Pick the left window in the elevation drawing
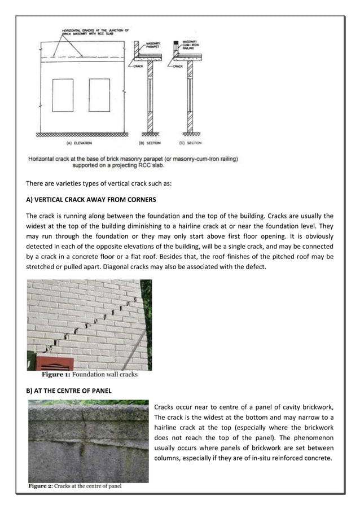pyautogui.click(x=63, y=94)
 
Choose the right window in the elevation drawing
pyautogui.click(x=99, y=94)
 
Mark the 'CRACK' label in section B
pyautogui.click(x=138, y=65)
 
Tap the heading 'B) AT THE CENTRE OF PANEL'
pyautogui.click(x=68, y=389)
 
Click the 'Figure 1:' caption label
pyautogui.click(x=58, y=374)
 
